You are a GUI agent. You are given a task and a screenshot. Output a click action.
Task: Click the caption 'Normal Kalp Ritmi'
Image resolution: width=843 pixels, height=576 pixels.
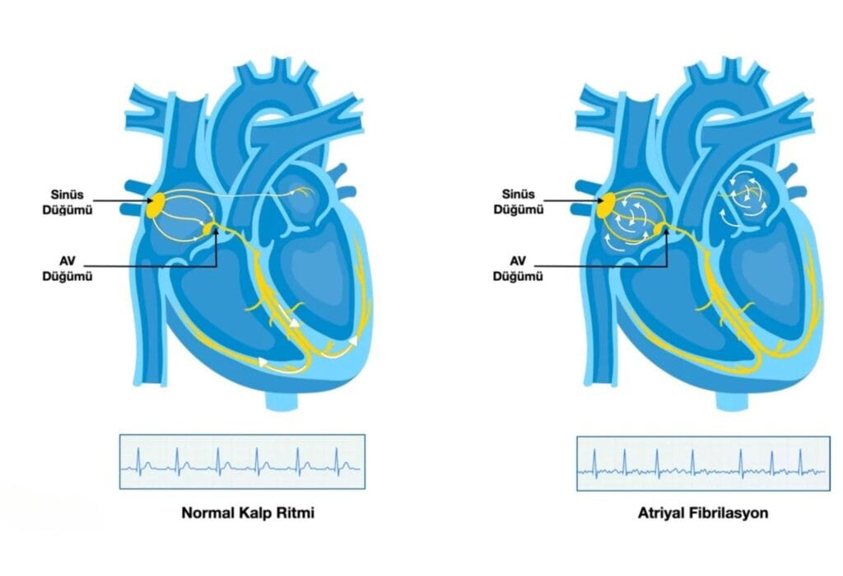coord(248,513)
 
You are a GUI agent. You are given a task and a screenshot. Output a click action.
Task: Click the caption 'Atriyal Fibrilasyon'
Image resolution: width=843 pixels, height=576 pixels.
coord(703,513)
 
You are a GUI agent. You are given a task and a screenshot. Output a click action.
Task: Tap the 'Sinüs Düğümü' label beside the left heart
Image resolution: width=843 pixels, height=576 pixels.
coord(68,202)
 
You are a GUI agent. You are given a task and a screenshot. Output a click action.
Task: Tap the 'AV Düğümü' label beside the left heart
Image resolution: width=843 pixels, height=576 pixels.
coord(68,268)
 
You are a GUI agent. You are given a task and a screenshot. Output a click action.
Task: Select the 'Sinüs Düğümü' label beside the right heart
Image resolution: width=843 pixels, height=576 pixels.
coord(519,202)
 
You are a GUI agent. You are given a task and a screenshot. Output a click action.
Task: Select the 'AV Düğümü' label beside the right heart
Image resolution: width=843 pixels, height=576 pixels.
coord(518,268)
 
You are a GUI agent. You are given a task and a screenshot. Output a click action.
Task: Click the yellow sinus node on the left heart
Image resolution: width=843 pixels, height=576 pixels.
coord(156,205)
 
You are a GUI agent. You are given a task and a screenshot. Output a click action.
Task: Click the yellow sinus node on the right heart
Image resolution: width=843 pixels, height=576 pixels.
coord(607,205)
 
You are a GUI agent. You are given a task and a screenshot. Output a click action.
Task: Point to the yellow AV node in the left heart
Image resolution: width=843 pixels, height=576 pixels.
coord(208,230)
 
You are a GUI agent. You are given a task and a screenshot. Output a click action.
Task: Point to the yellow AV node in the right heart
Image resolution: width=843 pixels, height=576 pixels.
coord(659,230)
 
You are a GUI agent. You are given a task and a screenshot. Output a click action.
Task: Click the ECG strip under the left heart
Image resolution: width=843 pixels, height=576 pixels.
coord(242,461)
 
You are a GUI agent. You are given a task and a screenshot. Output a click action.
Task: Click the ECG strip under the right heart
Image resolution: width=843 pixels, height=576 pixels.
coord(703,463)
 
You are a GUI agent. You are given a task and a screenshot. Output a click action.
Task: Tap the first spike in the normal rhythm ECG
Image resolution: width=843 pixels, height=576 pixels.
coord(138,461)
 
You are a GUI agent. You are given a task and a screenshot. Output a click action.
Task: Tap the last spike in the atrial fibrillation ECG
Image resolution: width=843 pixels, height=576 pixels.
coord(800,463)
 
